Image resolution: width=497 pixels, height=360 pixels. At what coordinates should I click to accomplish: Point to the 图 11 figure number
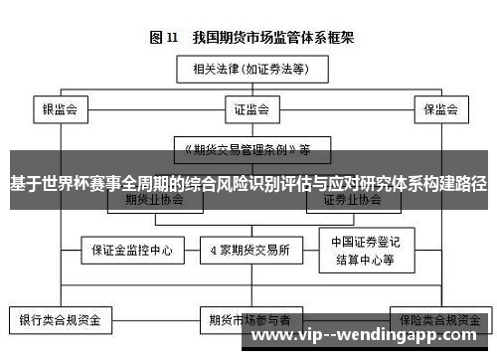[x=163, y=38]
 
